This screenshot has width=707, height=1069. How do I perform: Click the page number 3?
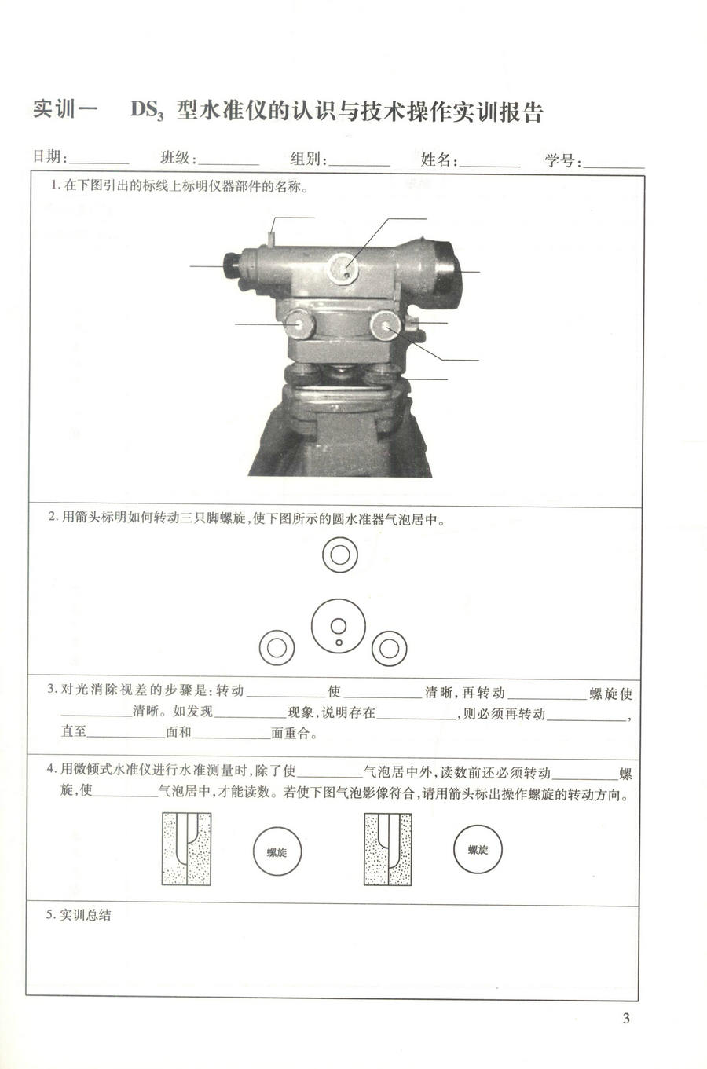(x=626, y=1020)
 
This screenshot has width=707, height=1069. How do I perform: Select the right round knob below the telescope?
(x=386, y=324)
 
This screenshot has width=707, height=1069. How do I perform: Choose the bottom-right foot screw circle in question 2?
(x=388, y=648)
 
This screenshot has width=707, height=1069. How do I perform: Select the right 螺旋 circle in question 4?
(x=478, y=849)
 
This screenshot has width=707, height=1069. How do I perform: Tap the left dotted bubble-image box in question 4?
(x=186, y=848)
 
